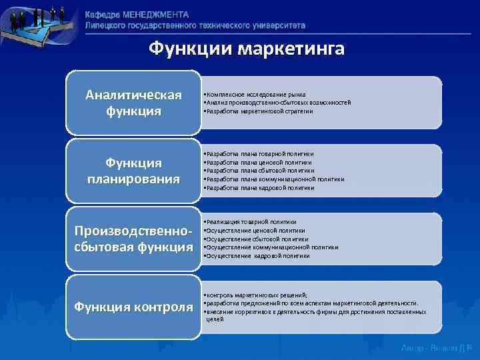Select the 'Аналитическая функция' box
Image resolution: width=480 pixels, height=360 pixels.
(x=133, y=102)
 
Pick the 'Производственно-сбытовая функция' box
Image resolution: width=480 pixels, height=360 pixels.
(x=133, y=240)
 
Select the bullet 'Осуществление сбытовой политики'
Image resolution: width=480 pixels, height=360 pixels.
(x=257, y=239)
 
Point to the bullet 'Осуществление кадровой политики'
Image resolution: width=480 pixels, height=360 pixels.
(x=257, y=255)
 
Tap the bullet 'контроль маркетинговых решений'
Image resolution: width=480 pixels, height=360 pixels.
(x=257, y=294)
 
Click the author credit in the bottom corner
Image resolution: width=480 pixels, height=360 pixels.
(x=437, y=348)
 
